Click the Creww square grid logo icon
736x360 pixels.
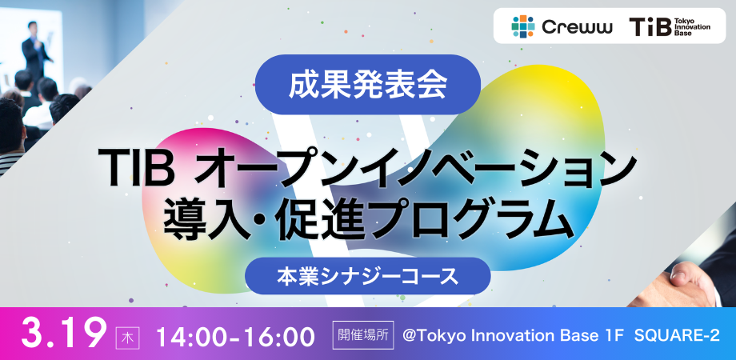(x=523, y=26)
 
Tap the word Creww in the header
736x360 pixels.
(x=577, y=27)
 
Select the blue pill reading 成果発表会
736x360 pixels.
(x=367, y=85)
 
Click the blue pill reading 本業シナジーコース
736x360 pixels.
(x=367, y=276)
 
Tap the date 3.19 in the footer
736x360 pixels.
(x=65, y=334)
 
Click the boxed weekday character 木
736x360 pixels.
(x=126, y=337)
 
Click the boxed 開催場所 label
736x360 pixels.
(x=363, y=334)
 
